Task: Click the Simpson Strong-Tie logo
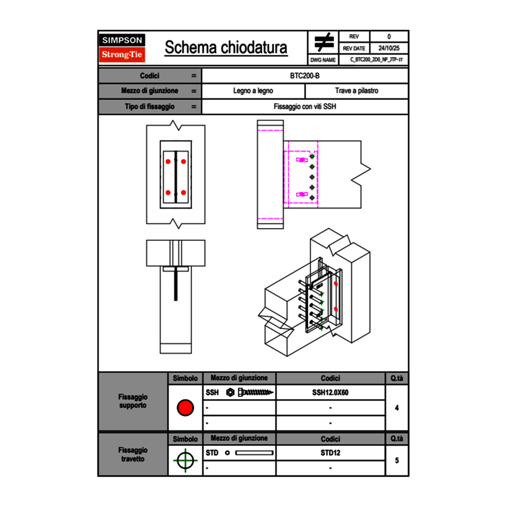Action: (122, 48)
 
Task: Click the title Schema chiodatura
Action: (226, 48)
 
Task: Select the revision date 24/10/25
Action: (389, 48)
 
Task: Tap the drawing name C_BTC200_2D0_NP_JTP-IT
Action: (376, 59)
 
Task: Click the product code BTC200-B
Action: (305, 75)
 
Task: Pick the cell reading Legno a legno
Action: (253, 91)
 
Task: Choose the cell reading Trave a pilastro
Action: (357, 91)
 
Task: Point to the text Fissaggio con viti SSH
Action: (305, 107)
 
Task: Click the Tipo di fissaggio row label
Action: (150, 107)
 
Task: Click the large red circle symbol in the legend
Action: (185, 408)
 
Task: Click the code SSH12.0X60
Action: (330, 392)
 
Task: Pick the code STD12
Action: (330, 453)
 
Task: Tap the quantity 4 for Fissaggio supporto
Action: (396, 408)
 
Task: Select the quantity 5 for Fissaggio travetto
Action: (396, 460)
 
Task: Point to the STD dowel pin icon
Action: (249, 453)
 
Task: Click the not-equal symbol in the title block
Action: (324, 43)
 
